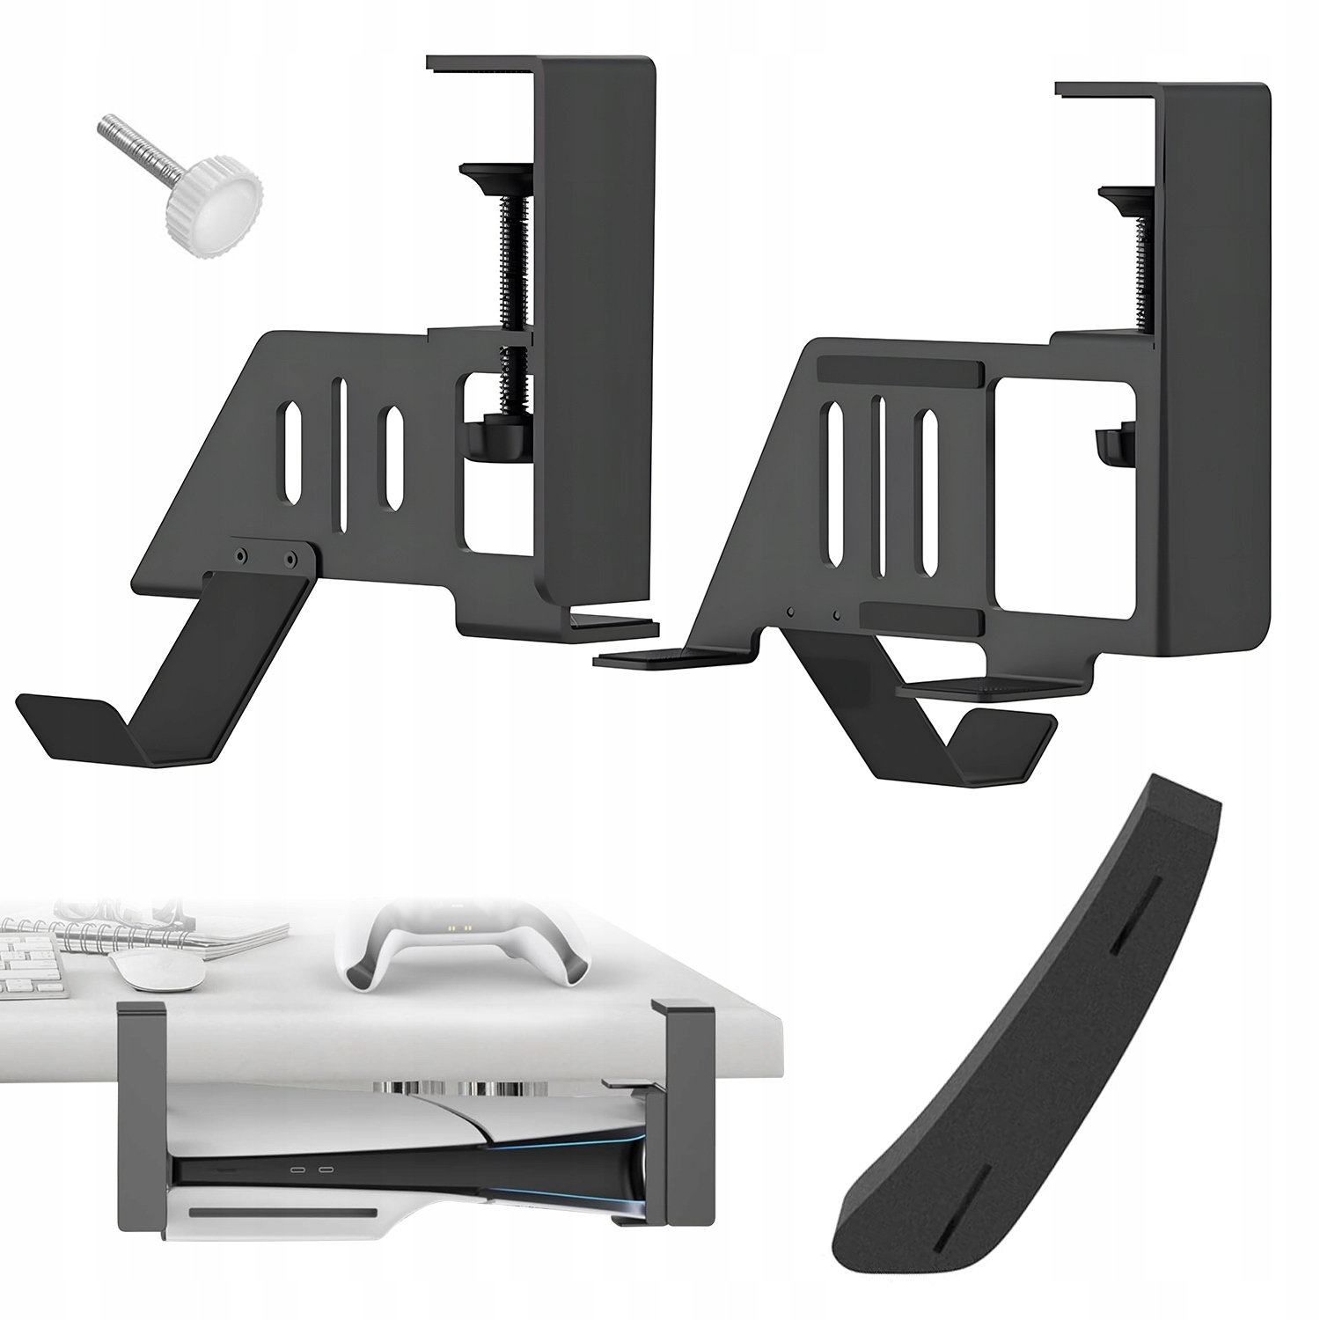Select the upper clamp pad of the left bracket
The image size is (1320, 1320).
pyautogui.click(x=494, y=175)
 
